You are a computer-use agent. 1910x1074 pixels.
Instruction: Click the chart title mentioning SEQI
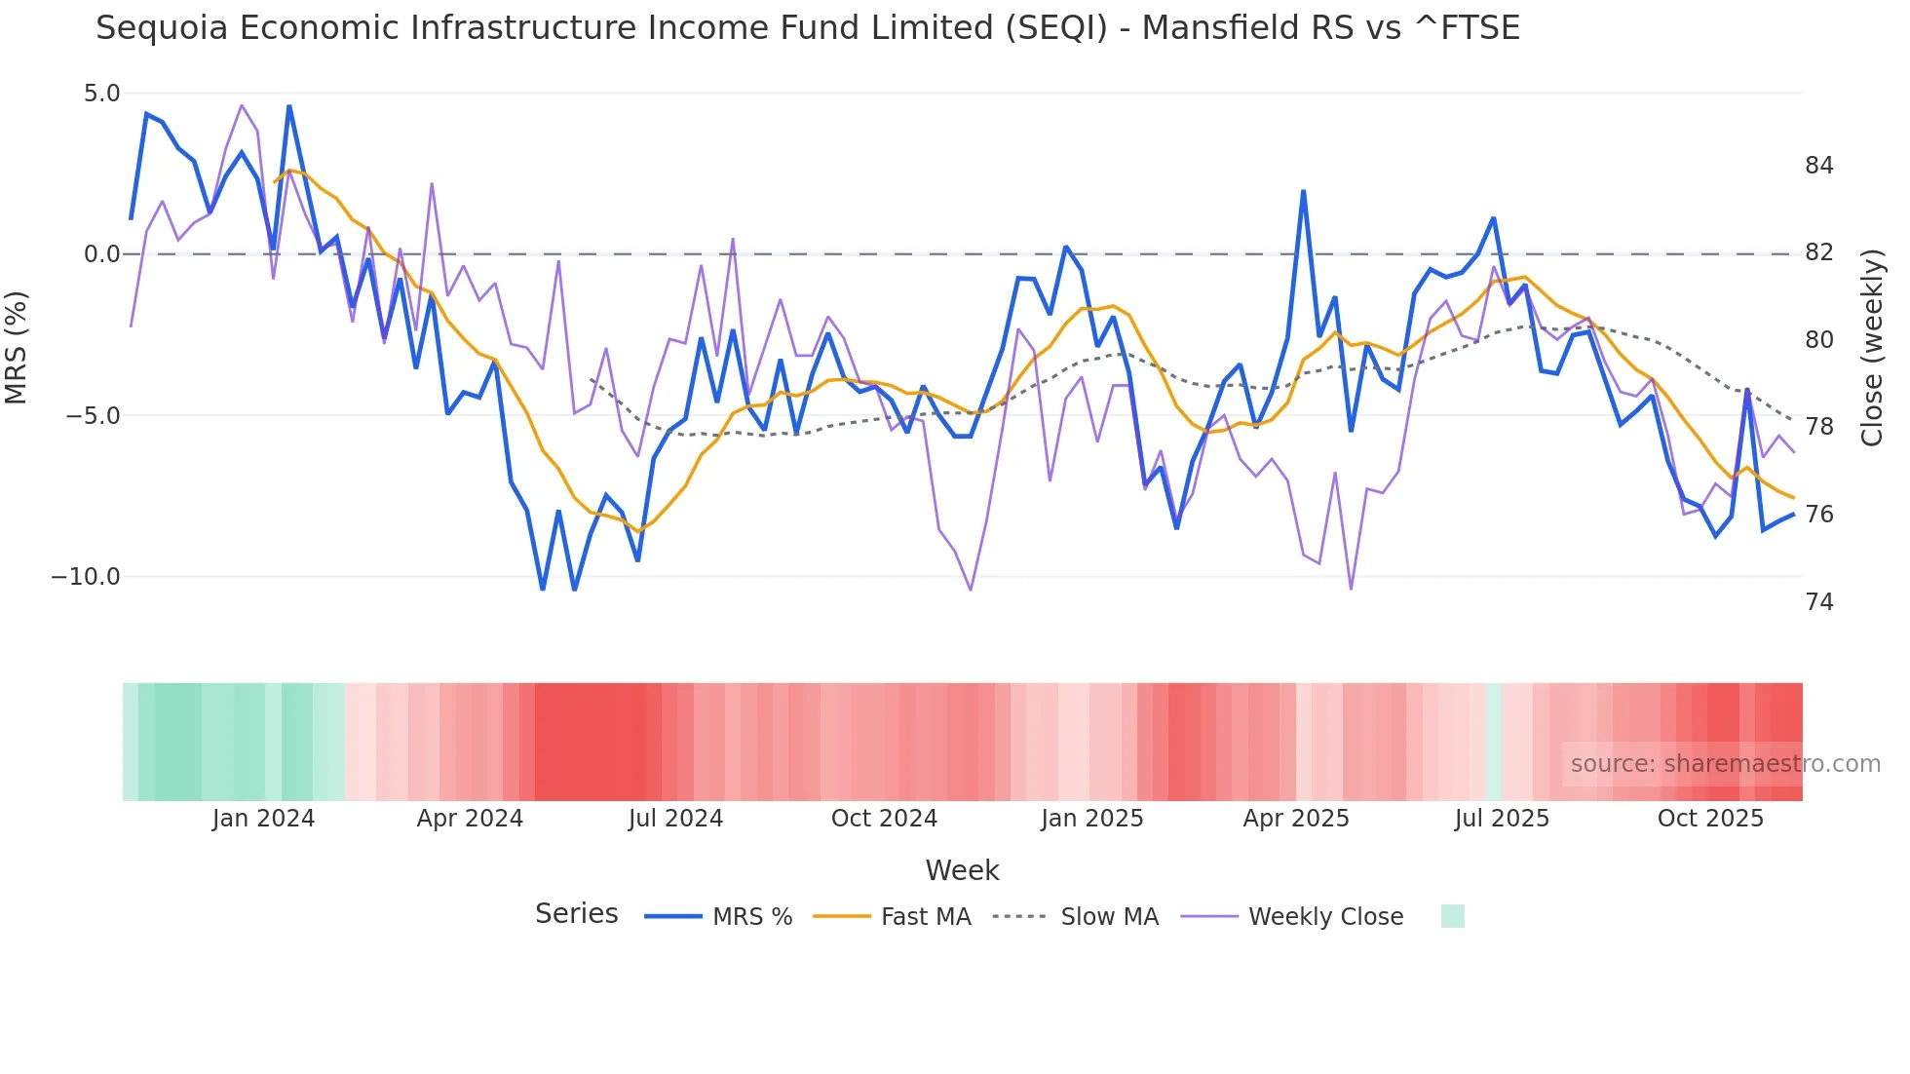(807, 28)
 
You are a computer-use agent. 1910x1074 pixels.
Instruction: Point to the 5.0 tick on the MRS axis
(101, 94)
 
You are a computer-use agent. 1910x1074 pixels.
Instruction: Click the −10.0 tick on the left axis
(86, 577)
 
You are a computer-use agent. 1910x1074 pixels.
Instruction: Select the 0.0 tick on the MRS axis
(101, 254)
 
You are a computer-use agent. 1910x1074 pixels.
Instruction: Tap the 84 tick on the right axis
(1818, 166)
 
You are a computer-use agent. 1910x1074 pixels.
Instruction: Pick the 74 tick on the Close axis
(1818, 602)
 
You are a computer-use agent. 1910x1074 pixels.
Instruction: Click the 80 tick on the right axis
(1818, 340)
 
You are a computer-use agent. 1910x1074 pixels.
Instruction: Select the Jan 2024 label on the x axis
(263, 819)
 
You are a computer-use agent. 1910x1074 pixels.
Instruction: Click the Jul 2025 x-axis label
(1502, 819)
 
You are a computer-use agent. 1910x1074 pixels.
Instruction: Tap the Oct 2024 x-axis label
(884, 819)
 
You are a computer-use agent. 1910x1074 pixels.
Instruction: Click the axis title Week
(962, 870)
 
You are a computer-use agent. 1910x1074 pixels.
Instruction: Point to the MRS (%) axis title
(17, 347)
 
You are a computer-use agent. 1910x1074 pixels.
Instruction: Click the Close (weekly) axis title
(1871, 348)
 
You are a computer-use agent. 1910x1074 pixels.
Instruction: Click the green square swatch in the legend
(1452, 916)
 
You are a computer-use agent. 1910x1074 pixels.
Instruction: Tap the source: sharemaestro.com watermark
(1725, 764)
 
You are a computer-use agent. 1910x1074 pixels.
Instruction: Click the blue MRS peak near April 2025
(1303, 192)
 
